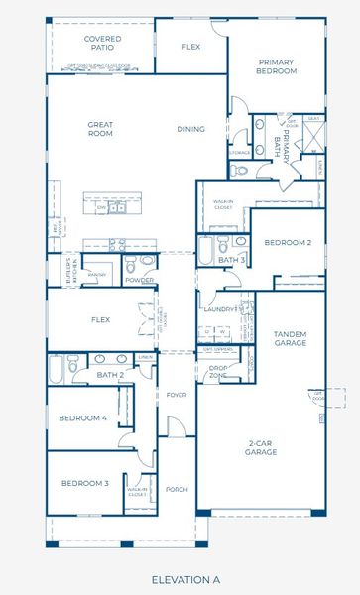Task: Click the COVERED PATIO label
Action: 103,43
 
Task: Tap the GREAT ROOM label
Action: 100,130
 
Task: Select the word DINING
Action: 190,129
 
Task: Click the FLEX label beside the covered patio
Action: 191,47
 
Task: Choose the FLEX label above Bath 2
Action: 100,320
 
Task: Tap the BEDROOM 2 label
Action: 288,242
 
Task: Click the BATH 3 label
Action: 231,260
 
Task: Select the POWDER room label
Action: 140,280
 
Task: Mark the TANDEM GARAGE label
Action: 290,338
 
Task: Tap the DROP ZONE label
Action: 218,372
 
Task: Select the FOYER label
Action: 177,395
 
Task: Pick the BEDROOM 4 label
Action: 82,418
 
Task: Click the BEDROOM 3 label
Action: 85,483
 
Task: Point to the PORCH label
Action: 177,490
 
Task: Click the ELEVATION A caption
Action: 185,578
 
